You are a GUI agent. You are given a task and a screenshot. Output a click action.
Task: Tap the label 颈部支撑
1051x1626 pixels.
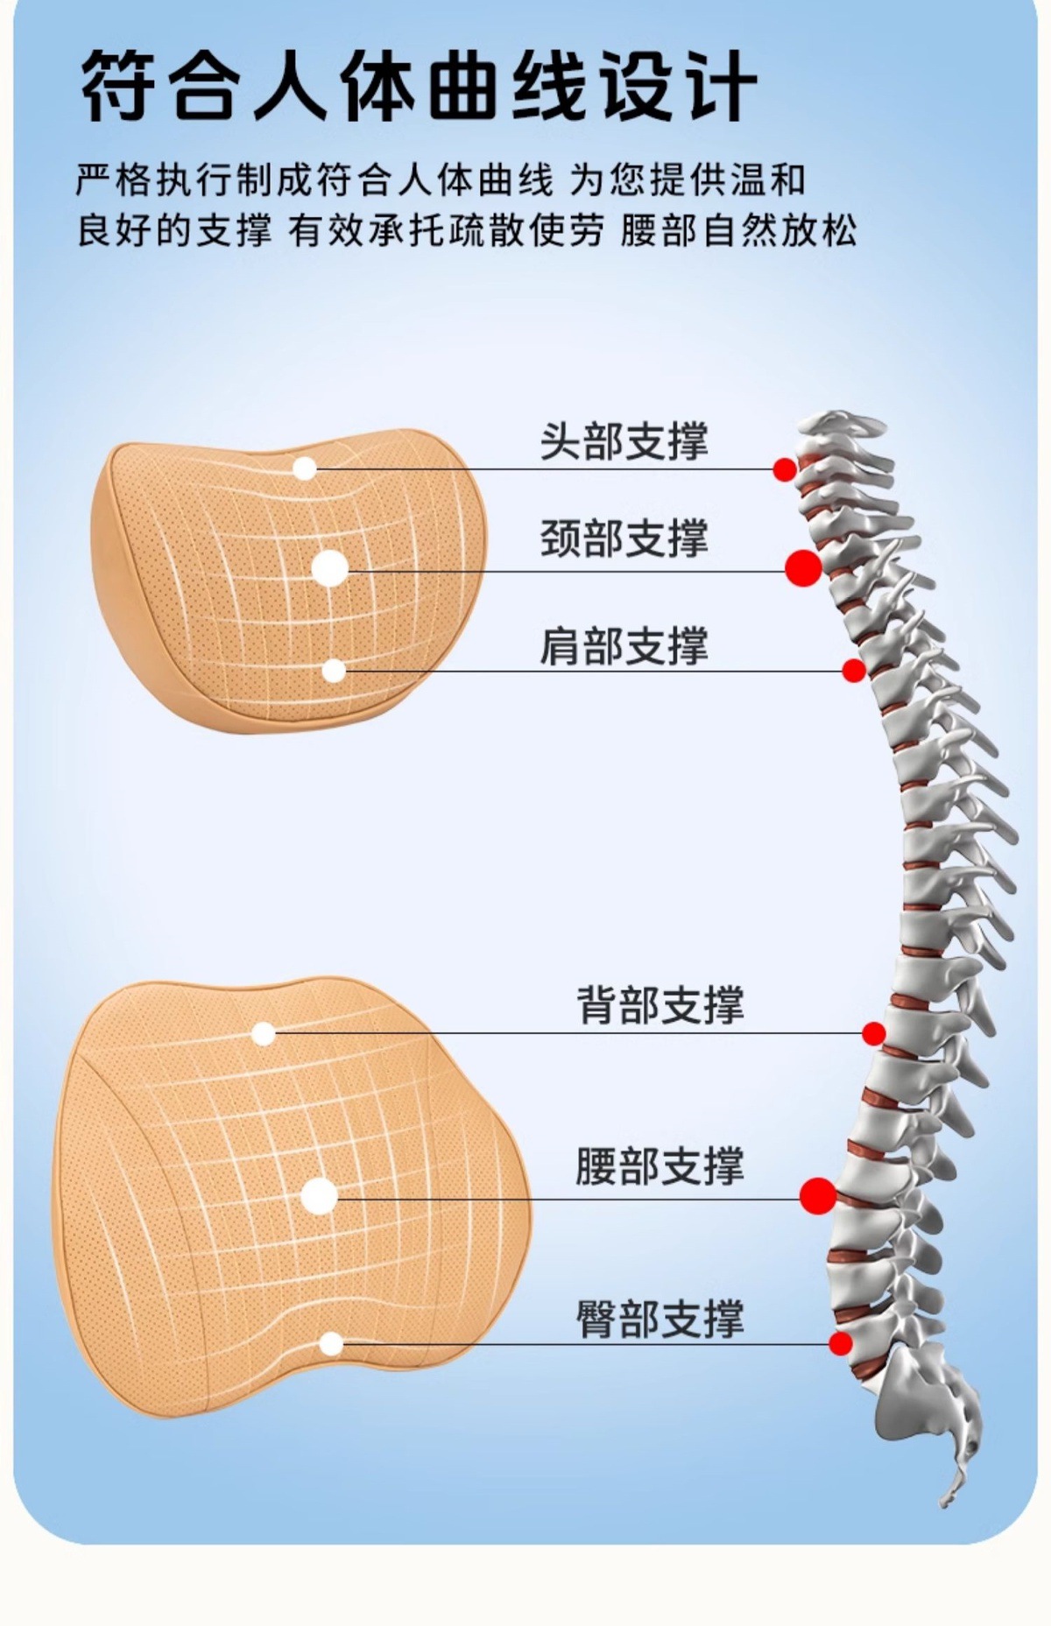624,538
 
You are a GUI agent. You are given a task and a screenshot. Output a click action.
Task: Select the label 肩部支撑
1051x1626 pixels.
624,645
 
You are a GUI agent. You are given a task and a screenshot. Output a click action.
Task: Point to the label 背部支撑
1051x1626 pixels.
660,1004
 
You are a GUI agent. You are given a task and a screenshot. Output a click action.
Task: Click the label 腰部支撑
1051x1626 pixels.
660,1166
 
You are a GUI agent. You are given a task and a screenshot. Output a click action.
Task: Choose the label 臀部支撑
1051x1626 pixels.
660,1319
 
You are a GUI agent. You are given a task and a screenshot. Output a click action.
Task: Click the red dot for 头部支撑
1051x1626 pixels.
785,469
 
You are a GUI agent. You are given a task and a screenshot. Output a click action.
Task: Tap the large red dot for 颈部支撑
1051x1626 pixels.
803,568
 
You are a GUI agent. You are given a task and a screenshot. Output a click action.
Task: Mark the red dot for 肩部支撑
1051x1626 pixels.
854,671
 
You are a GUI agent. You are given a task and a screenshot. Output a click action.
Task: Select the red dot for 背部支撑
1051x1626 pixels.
873,1033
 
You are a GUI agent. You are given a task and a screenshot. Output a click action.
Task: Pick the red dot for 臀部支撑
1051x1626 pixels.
841,1343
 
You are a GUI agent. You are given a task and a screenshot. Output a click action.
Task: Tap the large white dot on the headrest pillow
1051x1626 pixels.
330,568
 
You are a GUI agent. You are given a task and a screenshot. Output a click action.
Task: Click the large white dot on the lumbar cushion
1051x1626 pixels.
320,1196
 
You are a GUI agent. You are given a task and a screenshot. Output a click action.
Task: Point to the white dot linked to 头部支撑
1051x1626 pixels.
304,468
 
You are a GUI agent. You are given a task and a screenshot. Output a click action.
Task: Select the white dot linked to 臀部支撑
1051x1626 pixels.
331,1343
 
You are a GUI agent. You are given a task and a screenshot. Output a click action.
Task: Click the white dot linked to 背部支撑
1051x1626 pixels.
263,1034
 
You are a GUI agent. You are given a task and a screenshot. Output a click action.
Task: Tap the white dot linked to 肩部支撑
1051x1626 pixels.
334,671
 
